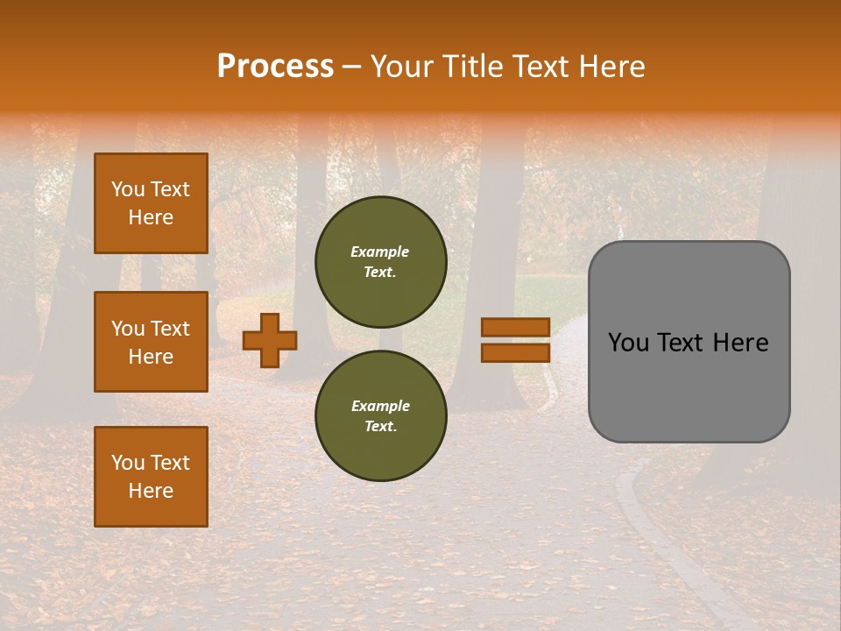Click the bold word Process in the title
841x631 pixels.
pos(275,67)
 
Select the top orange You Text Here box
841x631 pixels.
pos(151,203)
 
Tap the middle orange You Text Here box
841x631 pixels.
pos(151,342)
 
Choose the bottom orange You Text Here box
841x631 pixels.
pos(151,476)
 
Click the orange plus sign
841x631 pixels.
pos(269,340)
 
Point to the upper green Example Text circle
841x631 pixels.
pos(380,262)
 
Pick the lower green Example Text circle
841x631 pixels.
pos(380,416)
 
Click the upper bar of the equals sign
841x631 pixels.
pos(515,327)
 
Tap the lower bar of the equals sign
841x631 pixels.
pos(515,352)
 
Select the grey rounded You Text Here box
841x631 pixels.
pos(689,342)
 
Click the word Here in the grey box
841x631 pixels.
pos(741,343)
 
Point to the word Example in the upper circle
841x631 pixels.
pos(380,252)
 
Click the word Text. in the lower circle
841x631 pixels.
pos(380,427)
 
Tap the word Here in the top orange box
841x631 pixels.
pos(151,217)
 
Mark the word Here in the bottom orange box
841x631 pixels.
pos(151,491)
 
